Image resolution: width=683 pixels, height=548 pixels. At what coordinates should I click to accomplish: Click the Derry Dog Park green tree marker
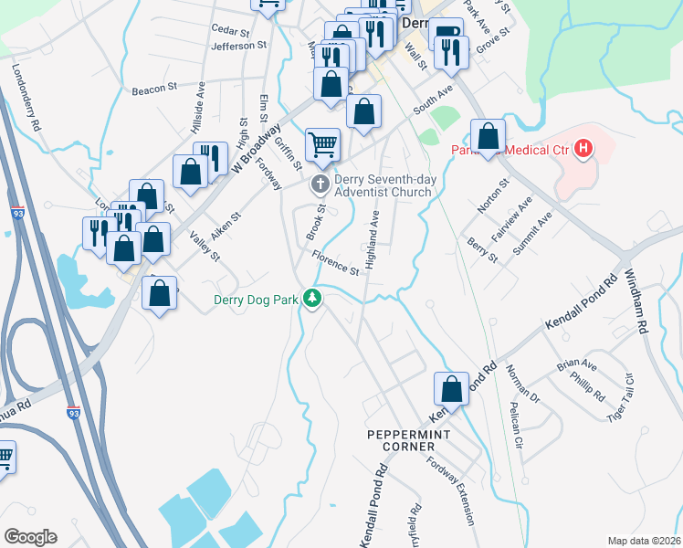(x=312, y=299)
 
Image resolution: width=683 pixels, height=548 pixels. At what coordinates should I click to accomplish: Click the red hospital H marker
(x=582, y=149)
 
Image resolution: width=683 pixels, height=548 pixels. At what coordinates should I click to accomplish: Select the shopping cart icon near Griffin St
(x=322, y=144)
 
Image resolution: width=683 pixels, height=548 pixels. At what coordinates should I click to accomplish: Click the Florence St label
(x=334, y=263)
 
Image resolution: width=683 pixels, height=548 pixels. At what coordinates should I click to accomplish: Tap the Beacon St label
(x=153, y=89)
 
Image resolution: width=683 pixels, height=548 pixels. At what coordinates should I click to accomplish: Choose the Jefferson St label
(x=238, y=45)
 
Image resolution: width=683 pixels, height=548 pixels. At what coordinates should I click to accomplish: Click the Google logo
(x=30, y=536)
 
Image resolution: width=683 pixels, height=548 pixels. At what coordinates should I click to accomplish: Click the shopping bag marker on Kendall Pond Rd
(x=452, y=389)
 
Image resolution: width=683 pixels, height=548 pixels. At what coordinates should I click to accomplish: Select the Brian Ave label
(x=577, y=365)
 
